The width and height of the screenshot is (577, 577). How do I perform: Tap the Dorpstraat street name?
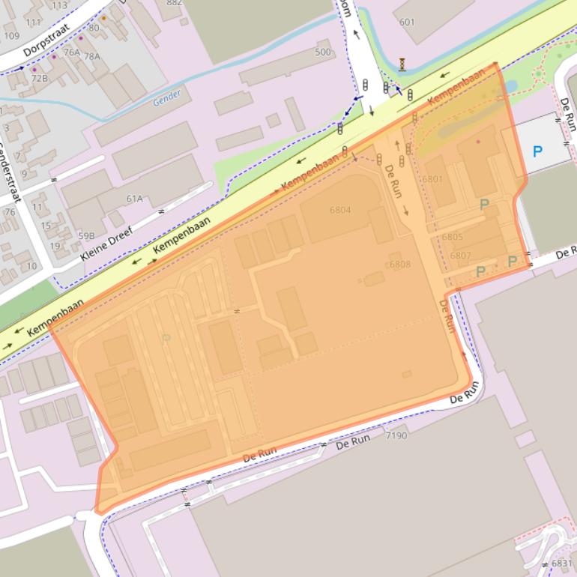[x=46, y=40]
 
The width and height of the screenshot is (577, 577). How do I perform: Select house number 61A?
[x=134, y=199]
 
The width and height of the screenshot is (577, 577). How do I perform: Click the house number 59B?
[x=86, y=235]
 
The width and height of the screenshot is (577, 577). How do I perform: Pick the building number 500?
[x=322, y=52]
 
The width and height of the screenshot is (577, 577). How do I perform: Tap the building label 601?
[x=407, y=22]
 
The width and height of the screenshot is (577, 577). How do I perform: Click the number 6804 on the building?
[x=339, y=210]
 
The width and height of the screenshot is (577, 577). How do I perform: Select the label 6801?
[x=432, y=179]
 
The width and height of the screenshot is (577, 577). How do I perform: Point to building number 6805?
[x=452, y=237]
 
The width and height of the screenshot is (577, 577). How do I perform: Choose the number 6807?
[x=461, y=256]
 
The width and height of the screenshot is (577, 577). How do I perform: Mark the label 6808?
[x=399, y=265]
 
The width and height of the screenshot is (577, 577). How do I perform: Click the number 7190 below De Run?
[x=396, y=435]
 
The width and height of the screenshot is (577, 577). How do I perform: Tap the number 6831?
[x=561, y=564]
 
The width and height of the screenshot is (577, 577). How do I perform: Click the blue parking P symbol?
[x=537, y=152]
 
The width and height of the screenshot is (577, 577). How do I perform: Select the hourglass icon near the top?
[x=402, y=65]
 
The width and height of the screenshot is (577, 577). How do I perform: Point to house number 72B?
[x=39, y=78]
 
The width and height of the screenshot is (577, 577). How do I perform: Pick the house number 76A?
[x=71, y=52]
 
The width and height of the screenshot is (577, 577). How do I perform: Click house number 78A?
[x=91, y=56]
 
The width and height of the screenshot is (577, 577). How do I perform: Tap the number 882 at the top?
[x=174, y=3]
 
